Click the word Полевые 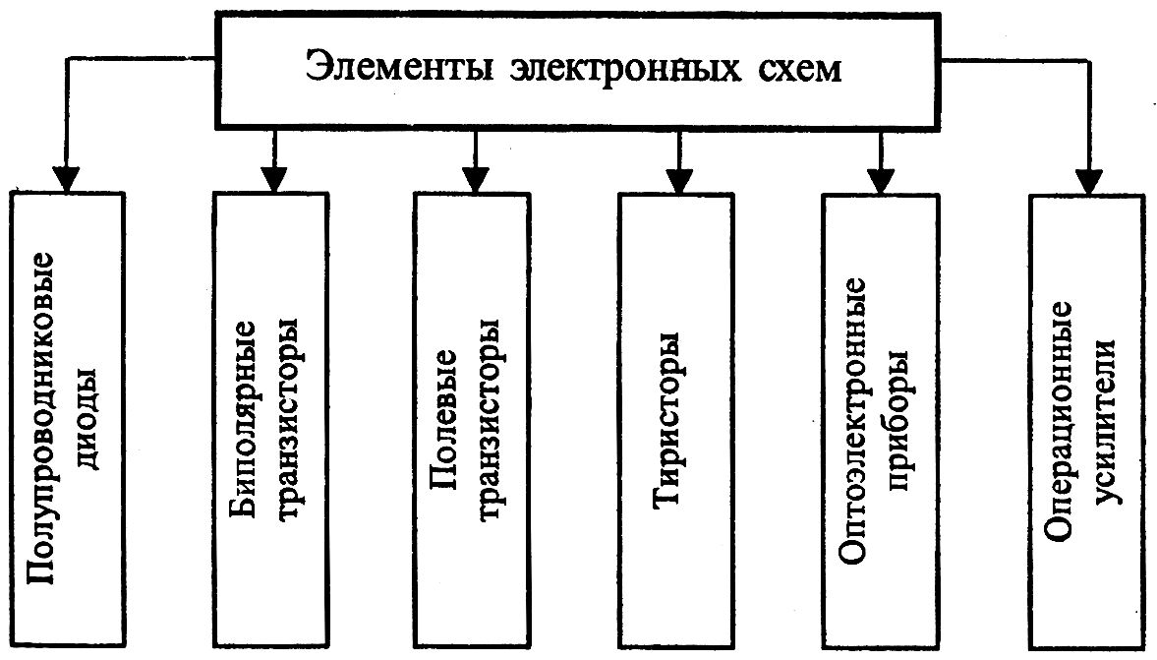pos(445,417)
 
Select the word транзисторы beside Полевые pos(492,418)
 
